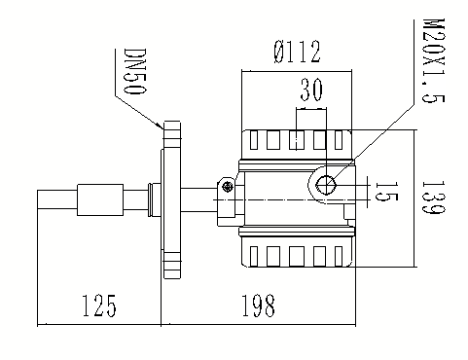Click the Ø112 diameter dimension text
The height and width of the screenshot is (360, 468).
[297, 52]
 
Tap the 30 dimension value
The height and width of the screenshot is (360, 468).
[311, 90]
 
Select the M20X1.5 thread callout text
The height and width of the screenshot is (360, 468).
[434, 60]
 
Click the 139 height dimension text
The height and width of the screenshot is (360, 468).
[434, 197]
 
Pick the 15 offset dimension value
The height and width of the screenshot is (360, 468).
[386, 192]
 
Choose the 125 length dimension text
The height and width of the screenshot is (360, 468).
[99, 306]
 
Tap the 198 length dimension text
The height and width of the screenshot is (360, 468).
[259, 306]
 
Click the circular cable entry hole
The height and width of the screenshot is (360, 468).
[326, 185]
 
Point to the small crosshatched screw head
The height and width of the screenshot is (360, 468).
[228, 187]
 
